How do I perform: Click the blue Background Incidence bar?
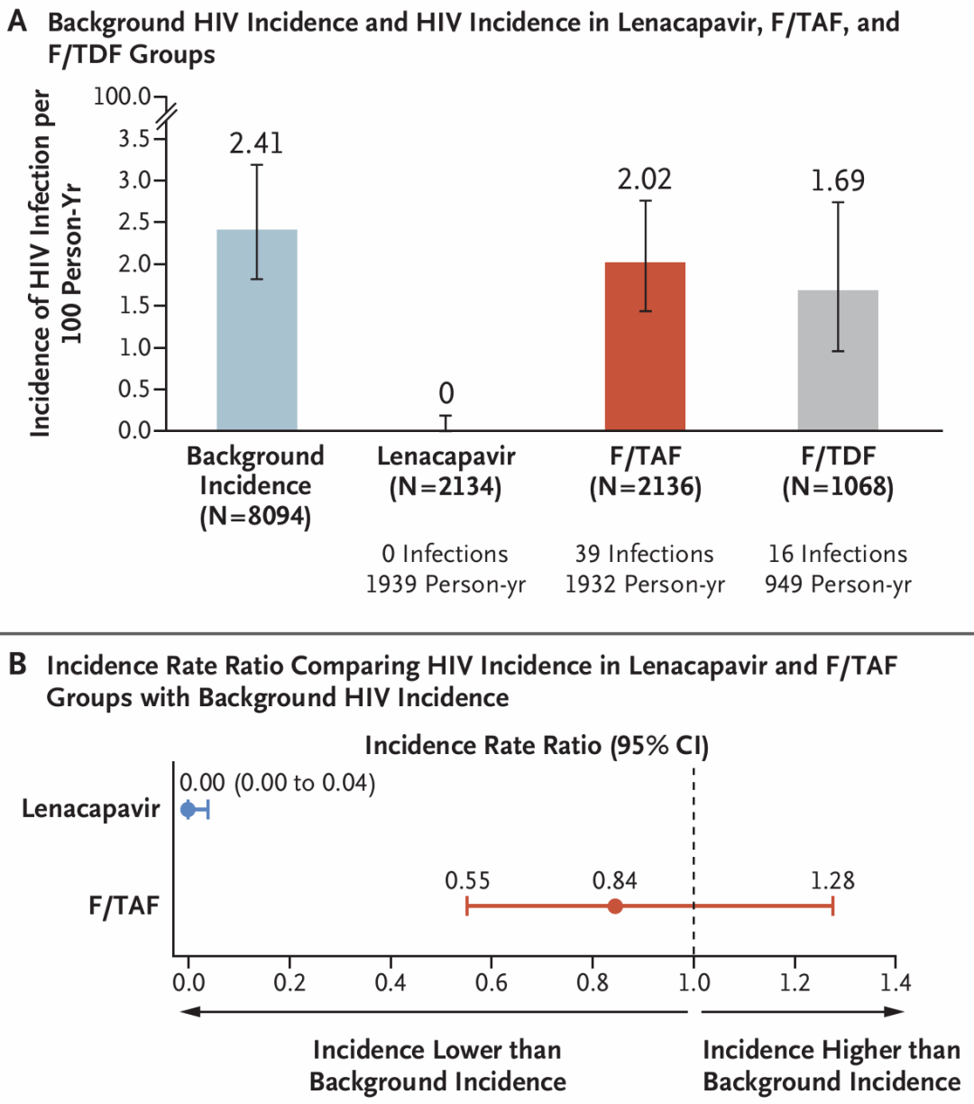(x=257, y=330)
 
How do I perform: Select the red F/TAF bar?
(x=645, y=346)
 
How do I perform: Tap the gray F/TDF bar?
(x=838, y=361)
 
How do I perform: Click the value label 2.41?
(x=256, y=143)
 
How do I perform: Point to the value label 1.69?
(x=838, y=181)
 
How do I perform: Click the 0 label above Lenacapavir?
(x=446, y=393)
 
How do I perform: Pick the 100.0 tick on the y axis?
(x=123, y=97)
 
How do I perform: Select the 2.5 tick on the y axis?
(x=134, y=222)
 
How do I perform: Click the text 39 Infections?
(x=645, y=554)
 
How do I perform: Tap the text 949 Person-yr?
(x=838, y=584)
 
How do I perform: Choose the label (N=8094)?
(x=255, y=517)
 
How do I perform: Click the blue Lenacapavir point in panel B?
(x=188, y=809)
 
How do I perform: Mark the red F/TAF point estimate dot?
(x=615, y=906)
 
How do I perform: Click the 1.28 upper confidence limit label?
(x=832, y=880)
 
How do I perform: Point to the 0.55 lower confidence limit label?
(x=467, y=880)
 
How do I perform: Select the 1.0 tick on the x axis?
(x=694, y=981)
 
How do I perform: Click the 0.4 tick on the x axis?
(x=391, y=981)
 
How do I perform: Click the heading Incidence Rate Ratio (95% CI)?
(x=537, y=746)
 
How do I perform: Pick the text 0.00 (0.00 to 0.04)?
(x=278, y=782)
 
